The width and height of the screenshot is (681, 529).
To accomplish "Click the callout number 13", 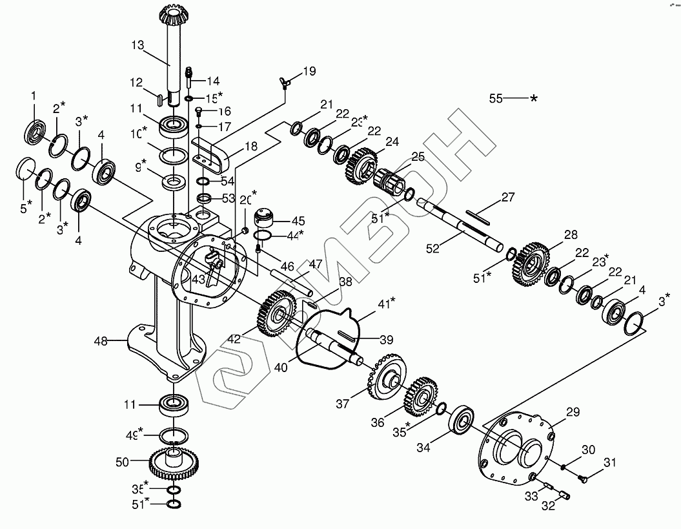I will point(137,46).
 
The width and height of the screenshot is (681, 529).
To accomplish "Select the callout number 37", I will point(342,404).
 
